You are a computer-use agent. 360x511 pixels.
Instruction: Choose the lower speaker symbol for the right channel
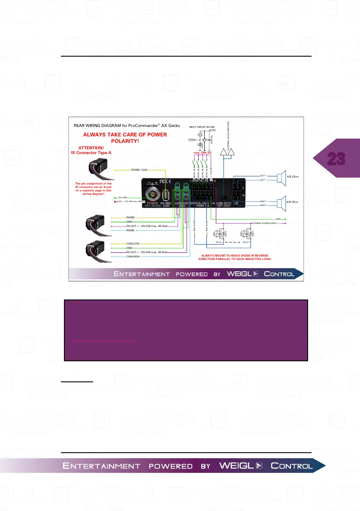pos(281,203)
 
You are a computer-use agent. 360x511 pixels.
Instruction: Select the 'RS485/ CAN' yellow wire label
pos(140,169)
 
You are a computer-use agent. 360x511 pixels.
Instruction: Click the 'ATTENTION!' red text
pos(91,148)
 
